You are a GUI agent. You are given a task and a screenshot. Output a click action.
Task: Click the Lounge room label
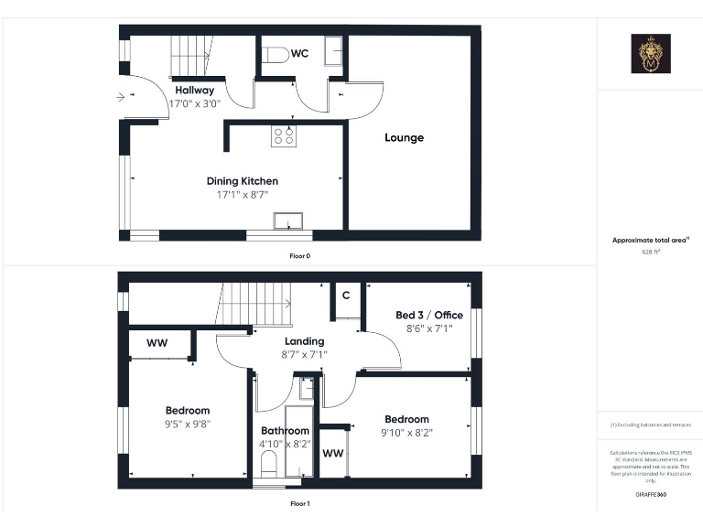pos(404,138)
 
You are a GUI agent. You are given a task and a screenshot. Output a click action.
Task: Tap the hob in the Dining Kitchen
pos(283,136)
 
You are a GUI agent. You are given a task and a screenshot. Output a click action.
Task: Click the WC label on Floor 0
pos(299,54)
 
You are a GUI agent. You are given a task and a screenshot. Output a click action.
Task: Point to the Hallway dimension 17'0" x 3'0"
pos(194,103)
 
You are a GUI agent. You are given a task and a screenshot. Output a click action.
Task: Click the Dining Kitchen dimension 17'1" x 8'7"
pos(242,195)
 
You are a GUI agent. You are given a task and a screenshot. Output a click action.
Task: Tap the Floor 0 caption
pos(300,256)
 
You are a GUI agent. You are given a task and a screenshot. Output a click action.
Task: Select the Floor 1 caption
pos(300,503)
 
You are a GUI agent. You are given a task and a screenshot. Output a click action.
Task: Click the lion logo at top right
pos(651,54)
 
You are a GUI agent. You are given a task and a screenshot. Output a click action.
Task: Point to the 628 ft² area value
pos(650,250)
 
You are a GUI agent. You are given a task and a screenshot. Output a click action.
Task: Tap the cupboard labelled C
pos(346,296)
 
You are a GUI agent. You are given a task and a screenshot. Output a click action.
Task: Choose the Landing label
pos(304,341)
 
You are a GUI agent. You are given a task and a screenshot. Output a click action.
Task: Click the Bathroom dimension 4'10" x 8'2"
pos(285,444)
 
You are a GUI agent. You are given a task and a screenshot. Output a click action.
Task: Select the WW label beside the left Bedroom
pos(157,343)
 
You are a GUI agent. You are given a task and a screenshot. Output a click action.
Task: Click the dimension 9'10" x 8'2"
pos(406,433)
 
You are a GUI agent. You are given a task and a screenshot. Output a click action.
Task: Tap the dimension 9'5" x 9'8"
pos(188,425)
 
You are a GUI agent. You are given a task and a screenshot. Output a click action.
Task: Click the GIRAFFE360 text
pos(650,494)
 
